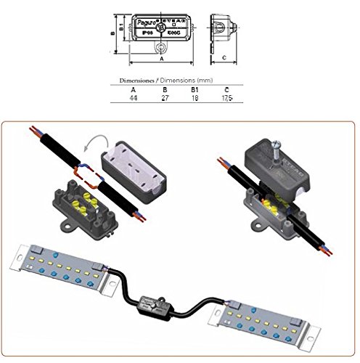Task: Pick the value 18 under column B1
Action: point(195,97)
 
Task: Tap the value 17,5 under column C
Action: point(228,97)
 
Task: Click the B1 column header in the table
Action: point(195,88)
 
